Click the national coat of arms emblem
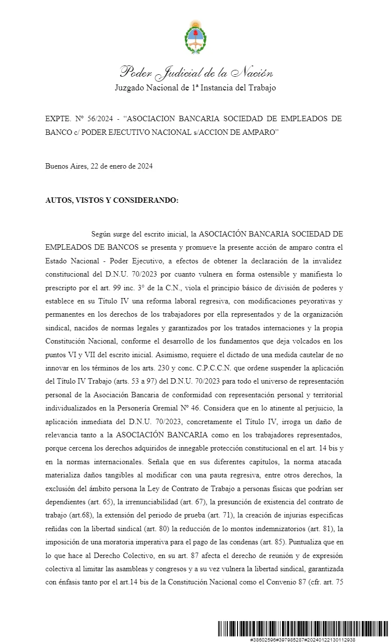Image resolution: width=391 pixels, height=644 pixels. (195, 37)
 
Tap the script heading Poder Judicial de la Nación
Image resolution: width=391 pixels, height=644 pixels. (195, 73)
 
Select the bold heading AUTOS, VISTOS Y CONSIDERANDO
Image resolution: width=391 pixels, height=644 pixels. (111, 200)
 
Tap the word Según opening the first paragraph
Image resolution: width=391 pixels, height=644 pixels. (102, 234)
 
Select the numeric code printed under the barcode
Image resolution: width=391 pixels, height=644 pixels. (303, 640)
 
